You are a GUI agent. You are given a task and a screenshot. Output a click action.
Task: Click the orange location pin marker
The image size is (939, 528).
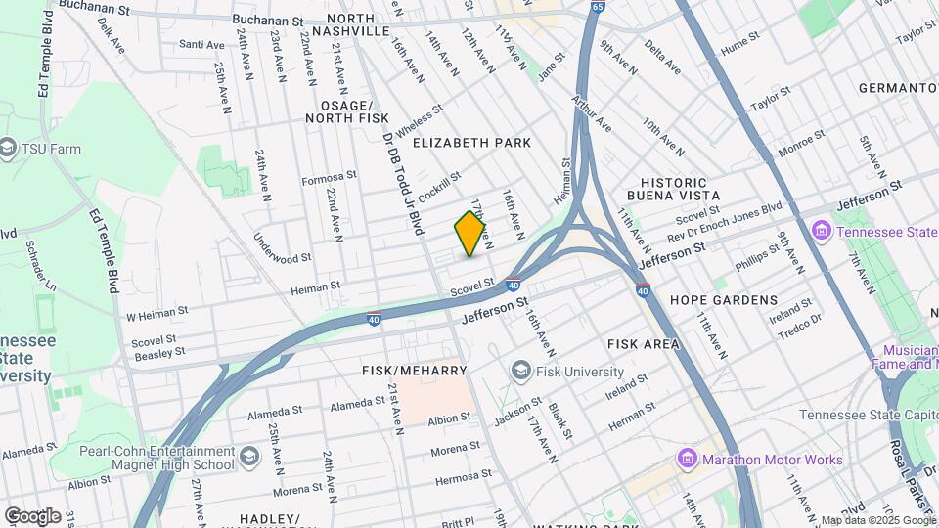coord(470,234)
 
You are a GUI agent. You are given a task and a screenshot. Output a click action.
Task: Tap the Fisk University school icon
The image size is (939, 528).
coord(520,372)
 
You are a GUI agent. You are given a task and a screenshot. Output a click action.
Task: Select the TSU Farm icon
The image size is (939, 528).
coord(8,149)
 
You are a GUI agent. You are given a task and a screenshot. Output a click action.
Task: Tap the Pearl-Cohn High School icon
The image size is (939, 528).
coord(249,458)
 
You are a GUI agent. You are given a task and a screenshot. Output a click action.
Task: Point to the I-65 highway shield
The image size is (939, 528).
coord(598,7)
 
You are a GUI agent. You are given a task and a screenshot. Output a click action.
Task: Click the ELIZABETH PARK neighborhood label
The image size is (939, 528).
coord(471,143)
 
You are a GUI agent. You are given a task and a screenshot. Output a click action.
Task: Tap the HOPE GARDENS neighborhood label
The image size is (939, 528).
coord(724,300)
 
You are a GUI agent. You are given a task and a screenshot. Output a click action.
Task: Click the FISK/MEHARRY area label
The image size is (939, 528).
coord(415,371)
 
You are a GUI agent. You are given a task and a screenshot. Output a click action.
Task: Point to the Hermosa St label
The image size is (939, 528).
coord(464,481)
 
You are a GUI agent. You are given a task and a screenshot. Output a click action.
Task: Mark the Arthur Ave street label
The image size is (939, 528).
coord(592,114)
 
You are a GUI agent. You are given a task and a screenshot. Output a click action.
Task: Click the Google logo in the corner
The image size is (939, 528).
coord(32,515)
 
